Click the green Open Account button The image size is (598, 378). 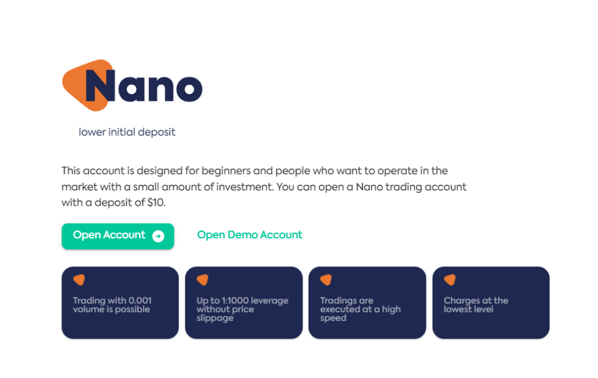point(117,236)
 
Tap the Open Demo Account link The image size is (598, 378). point(249,235)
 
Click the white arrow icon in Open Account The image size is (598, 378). point(158,236)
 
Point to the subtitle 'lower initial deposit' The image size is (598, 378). point(127,132)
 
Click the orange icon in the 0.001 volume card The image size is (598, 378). point(79,280)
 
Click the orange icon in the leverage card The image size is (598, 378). point(203,280)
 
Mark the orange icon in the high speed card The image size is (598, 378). point(326,280)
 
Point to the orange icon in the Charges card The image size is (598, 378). point(450,280)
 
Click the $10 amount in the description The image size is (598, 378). point(156,203)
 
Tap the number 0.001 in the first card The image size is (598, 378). point(138,301)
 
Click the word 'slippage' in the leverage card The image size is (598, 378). point(215,318)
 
